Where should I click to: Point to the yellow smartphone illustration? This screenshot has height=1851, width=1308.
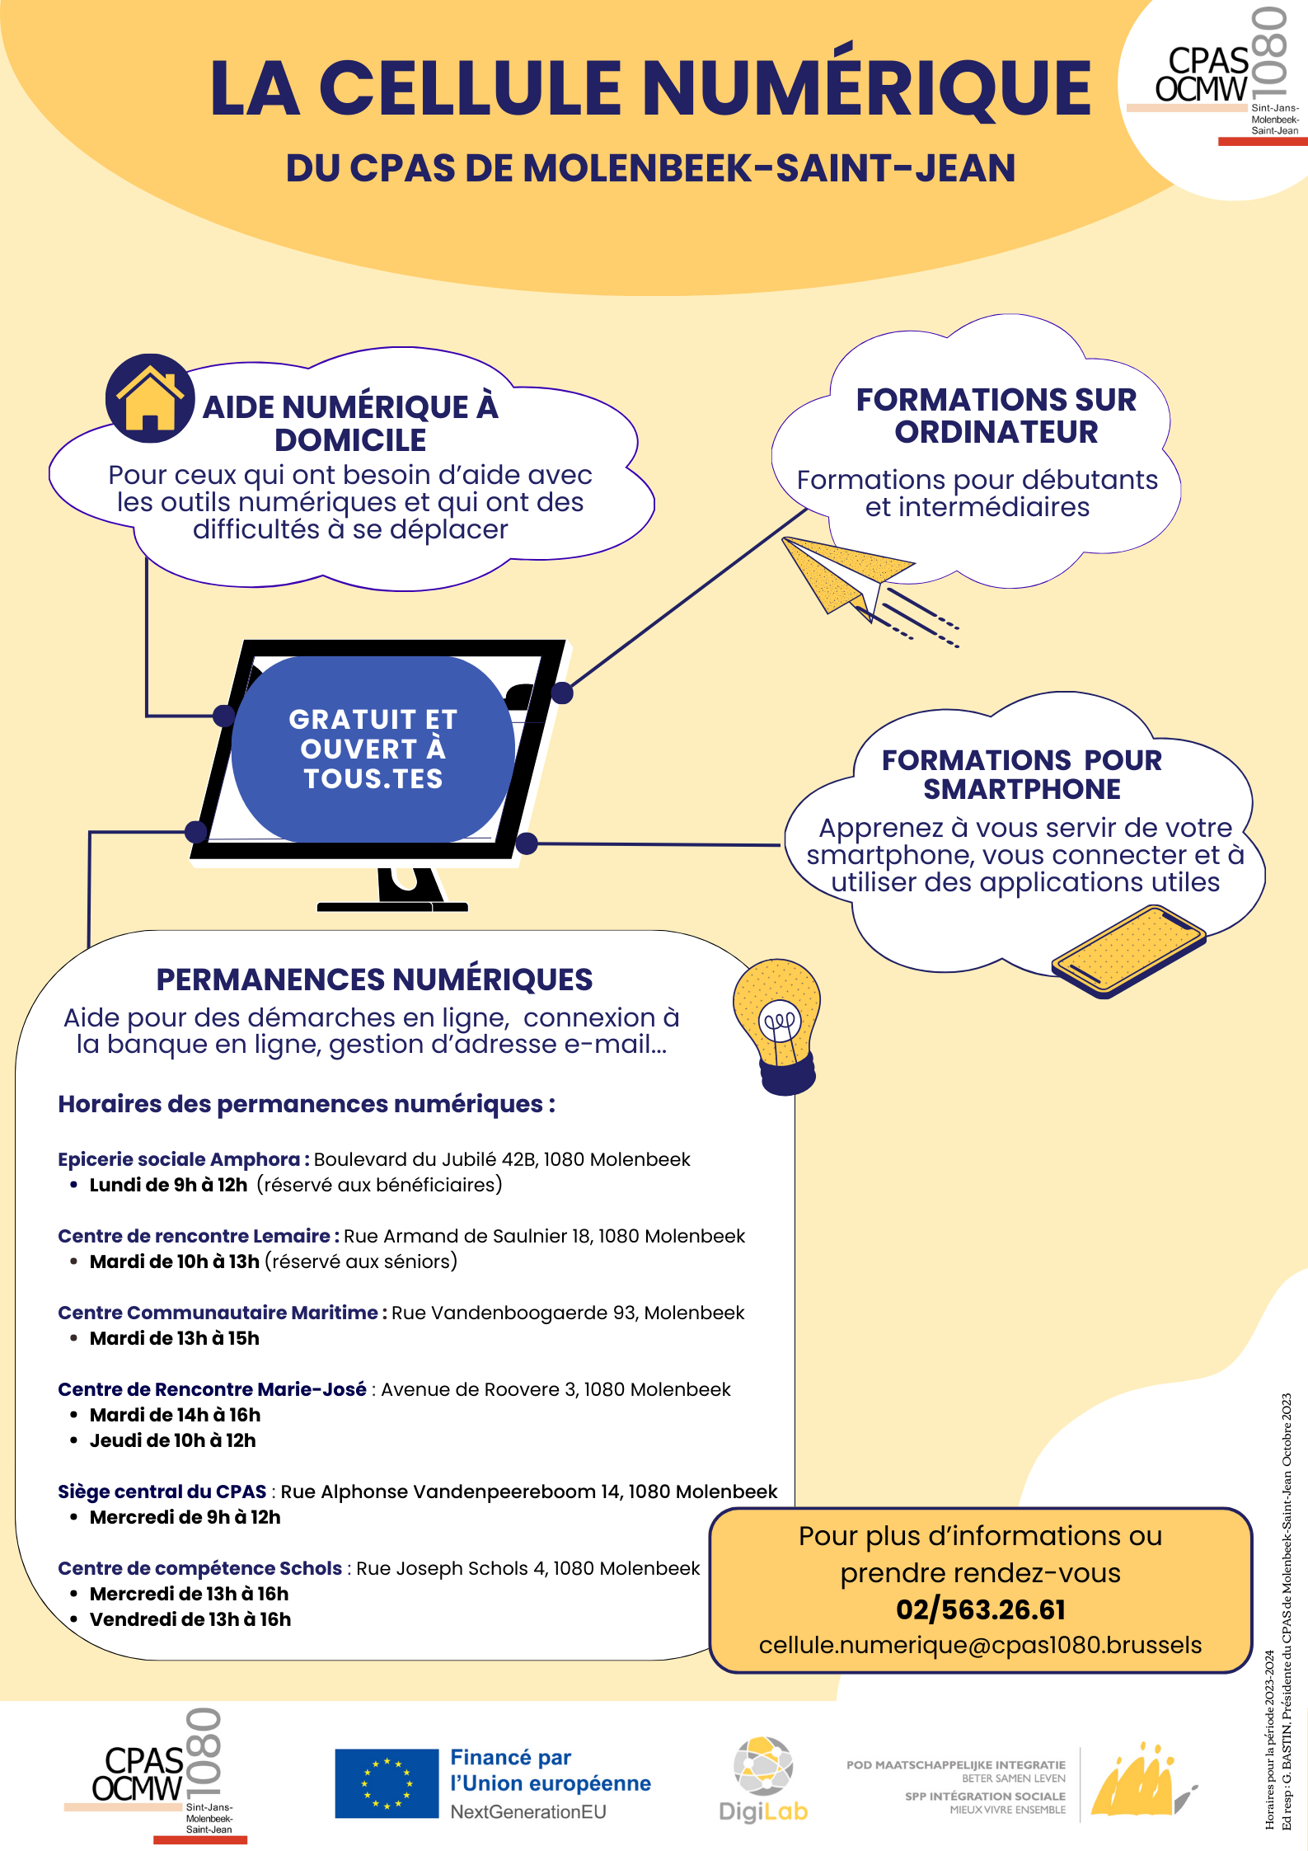[x=1128, y=951]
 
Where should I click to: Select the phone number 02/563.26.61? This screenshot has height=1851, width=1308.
[x=981, y=1609]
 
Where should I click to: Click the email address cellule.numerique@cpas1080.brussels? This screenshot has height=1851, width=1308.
[x=981, y=1645]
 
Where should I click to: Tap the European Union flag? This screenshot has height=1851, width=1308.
[x=387, y=1783]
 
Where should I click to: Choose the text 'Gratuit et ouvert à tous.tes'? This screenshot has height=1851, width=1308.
[x=373, y=749]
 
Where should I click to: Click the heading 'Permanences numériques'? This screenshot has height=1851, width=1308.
[x=374, y=980]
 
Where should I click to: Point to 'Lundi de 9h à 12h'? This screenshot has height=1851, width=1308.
[x=168, y=1185]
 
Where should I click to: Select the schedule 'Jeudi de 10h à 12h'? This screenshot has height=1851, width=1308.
[x=173, y=1440]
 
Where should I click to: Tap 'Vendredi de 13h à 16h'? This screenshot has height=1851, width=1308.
[x=190, y=1619]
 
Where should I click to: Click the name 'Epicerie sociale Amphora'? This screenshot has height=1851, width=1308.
[x=179, y=1159]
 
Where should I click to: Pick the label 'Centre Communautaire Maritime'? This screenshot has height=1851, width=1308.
[x=218, y=1313]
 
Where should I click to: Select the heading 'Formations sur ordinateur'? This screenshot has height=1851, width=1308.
[x=996, y=416]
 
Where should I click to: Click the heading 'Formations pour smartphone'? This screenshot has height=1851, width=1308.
[x=1022, y=774]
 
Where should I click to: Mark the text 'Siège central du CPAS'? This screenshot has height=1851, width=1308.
[x=162, y=1492]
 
